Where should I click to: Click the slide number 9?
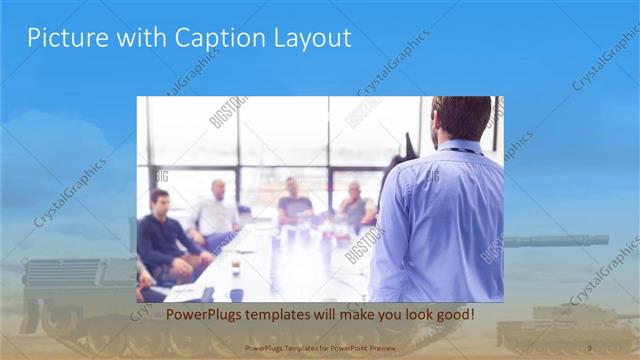[589, 347]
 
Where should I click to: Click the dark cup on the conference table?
[236, 267]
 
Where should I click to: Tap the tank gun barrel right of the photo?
[560, 241]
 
